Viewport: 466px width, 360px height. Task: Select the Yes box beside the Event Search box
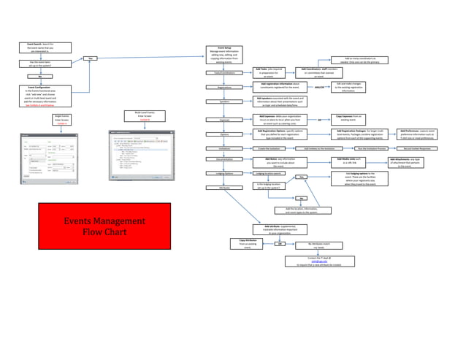(x=90, y=58)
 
